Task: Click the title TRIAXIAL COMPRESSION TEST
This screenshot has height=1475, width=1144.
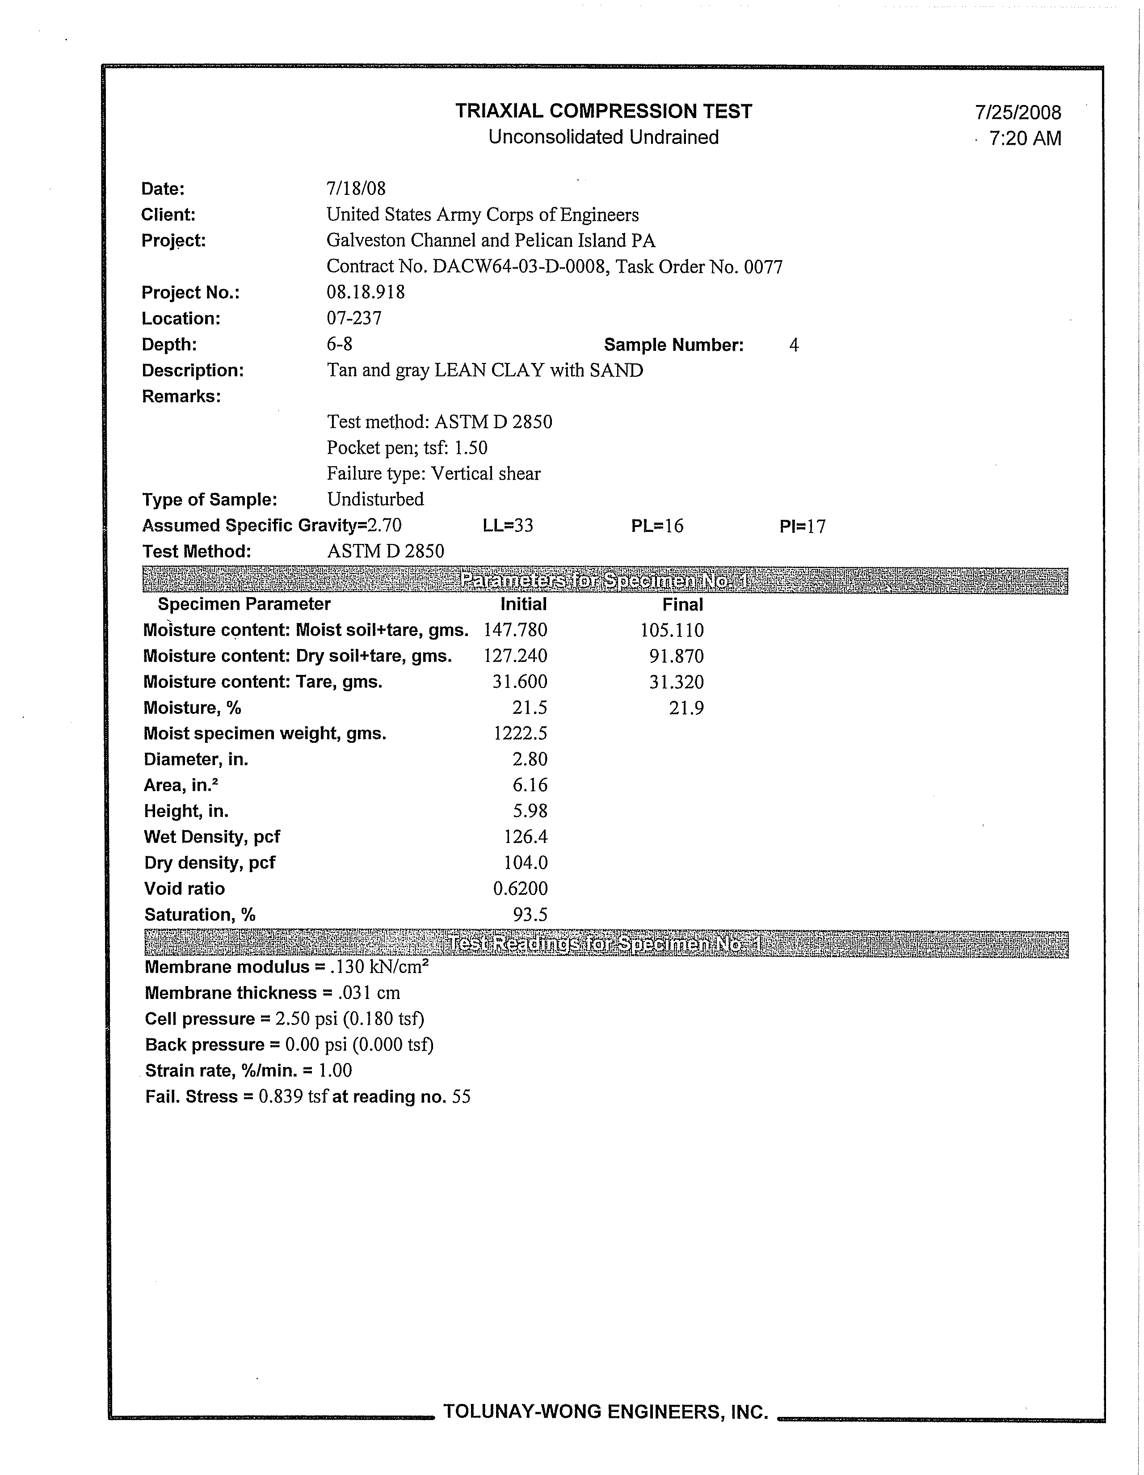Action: point(603,111)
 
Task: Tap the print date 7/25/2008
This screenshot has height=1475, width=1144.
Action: point(1018,113)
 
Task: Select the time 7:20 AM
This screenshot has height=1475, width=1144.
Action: point(1025,139)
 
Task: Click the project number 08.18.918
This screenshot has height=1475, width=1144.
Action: point(366,292)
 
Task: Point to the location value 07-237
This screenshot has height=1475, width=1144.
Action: point(354,318)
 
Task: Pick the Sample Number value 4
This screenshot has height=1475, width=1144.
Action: point(794,345)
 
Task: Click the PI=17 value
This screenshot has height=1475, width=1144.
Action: point(802,526)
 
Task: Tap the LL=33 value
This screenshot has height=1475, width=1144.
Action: point(508,526)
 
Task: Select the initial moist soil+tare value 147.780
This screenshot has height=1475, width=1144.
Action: point(515,630)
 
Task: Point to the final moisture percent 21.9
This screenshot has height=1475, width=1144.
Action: point(686,708)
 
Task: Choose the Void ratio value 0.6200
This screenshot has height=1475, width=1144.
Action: point(520,889)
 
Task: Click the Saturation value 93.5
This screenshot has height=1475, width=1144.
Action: point(530,915)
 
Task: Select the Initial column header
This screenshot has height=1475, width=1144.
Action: point(523,604)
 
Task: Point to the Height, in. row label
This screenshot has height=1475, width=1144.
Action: point(186,811)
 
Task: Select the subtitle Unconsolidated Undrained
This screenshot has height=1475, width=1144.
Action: point(603,137)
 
